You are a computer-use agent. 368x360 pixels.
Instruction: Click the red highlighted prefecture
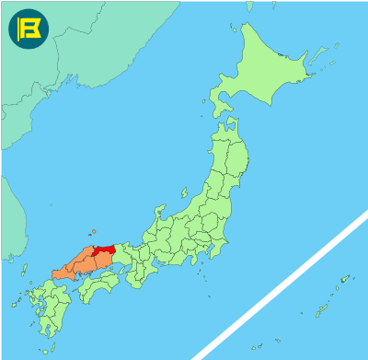click(x=103, y=250)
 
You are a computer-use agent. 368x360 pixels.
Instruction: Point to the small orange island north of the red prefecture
click(x=94, y=231)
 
